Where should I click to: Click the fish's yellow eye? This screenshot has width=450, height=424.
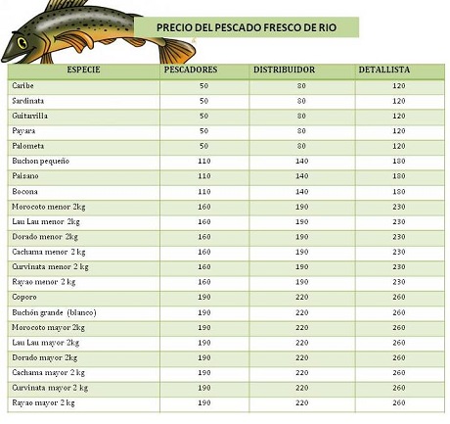click(22, 43)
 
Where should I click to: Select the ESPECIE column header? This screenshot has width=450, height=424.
click(83, 70)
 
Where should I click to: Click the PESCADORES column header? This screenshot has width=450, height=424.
click(191, 70)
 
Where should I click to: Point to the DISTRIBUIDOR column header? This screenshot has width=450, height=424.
click(284, 70)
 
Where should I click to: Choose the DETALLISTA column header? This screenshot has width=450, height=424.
click(384, 70)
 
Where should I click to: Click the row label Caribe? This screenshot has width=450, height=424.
click(22, 85)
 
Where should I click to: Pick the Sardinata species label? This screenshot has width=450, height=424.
click(28, 101)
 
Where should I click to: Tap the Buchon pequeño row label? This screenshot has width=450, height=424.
click(41, 161)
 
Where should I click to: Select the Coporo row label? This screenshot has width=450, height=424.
click(24, 298)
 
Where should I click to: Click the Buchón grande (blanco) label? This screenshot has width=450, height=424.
click(54, 312)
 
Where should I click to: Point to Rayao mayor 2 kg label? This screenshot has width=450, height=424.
click(43, 403)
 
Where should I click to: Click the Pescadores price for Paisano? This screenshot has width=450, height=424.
click(204, 176)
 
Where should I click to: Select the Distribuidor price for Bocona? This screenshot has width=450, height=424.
click(301, 191)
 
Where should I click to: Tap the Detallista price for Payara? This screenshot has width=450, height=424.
click(399, 131)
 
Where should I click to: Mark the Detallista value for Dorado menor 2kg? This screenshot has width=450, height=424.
click(399, 237)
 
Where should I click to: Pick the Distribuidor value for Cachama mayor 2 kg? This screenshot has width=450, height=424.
click(301, 372)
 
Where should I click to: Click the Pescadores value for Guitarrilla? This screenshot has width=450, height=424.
click(203, 116)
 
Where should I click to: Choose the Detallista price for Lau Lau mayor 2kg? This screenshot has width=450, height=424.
click(399, 343)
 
